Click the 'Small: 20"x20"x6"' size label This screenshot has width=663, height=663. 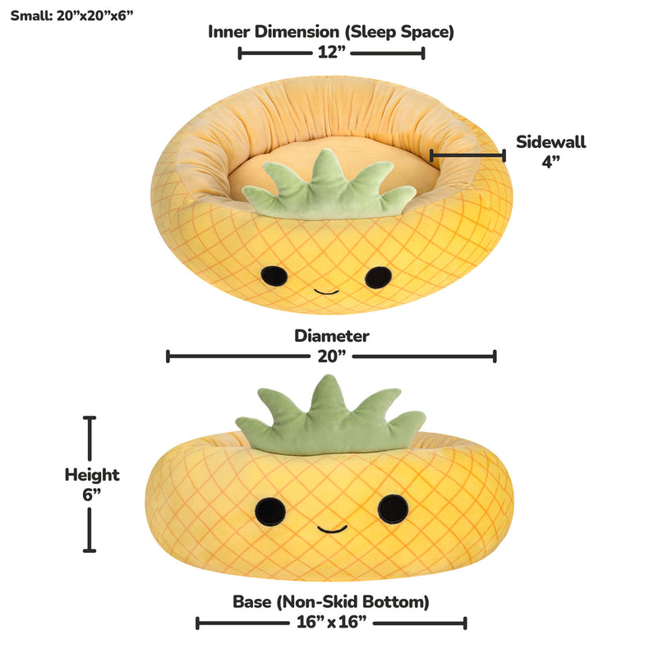[x=71, y=16]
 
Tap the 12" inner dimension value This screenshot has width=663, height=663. [x=332, y=53]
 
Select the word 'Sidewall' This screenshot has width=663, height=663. [x=551, y=142]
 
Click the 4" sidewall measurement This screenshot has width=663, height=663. [x=551, y=162]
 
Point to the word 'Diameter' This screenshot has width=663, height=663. [x=332, y=336]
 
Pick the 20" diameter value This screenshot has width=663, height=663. [x=332, y=357]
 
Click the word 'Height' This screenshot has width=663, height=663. [x=92, y=475]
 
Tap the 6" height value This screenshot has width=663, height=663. [x=92, y=495]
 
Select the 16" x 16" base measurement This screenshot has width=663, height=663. [x=332, y=622]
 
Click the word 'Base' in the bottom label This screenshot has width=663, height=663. [x=252, y=601]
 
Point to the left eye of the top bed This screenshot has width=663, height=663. [x=274, y=276]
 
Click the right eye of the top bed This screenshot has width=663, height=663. [x=379, y=278]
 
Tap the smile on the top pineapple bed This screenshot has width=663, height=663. [x=326, y=292]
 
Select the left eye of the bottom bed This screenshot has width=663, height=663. [x=270, y=512]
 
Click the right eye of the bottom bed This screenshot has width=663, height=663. [x=394, y=509]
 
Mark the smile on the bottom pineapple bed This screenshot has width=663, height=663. [x=333, y=529]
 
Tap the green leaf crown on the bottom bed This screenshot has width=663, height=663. [x=330, y=419]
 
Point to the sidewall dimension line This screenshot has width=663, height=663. [x=467, y=155]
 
